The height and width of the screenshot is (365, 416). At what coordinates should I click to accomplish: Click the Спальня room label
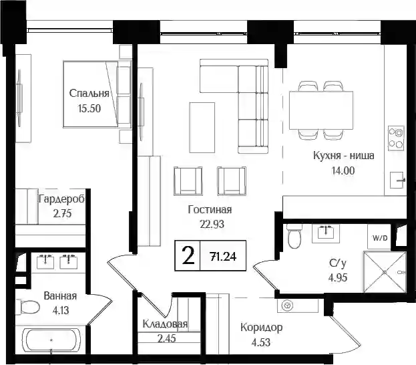(x=89, y=94)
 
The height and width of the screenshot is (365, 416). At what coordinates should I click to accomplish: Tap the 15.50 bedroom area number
(x=89, y=108)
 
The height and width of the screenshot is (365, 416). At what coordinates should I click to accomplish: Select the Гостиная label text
(x=210, y=210)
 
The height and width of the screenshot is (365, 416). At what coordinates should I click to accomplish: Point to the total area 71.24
(x=223, y=257)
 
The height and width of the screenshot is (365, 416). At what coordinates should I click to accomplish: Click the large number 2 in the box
(x=188, y=255)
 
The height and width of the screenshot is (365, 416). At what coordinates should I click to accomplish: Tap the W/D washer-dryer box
(x=379, y=237)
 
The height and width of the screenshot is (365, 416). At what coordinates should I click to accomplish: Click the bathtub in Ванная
(x=51, y=340)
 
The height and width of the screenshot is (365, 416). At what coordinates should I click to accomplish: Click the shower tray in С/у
(x=385, y=272)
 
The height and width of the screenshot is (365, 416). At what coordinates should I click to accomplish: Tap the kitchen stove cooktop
(x=396, y=138)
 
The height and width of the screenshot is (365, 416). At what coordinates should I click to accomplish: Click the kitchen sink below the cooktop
(x=397, y=180)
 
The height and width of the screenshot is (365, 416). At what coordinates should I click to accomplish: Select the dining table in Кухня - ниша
(x=321, y=110)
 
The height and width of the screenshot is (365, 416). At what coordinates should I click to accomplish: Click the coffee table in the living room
(x=202, y=128)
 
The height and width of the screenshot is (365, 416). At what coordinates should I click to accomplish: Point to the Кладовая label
(x=165, y=324)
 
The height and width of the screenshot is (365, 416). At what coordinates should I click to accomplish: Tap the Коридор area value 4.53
(x=261, y=342)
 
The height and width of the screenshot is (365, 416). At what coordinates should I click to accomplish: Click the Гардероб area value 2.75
(x=62, y=213)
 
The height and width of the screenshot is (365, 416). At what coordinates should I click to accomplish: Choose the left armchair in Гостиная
(x=188, y=181)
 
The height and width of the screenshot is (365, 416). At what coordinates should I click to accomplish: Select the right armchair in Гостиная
(x=232, y=181)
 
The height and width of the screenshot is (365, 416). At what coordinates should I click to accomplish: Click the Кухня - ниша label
(x=344, y=155)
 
